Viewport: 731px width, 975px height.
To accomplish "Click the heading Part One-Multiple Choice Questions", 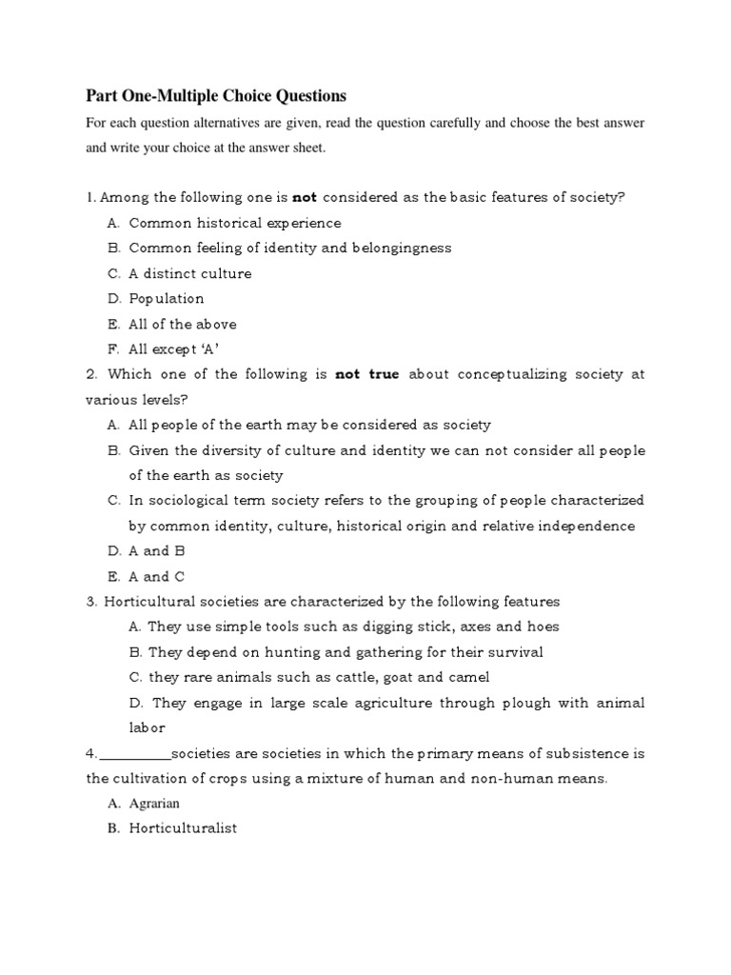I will (x=216, y=95).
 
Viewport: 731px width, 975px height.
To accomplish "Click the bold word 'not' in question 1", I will (x=304, y=197).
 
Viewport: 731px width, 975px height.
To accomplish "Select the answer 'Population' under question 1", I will (x=167, y=298).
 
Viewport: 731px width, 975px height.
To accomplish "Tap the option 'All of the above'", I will (x=183, y=324).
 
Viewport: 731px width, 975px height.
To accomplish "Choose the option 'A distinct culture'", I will (x=190, y=273).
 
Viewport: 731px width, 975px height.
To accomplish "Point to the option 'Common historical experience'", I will (x=235, y=223).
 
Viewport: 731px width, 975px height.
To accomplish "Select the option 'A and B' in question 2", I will (x=157, y=550).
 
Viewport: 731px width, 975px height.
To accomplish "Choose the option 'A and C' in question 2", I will (x=157, y=576).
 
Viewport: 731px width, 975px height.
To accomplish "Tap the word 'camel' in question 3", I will (x=469, y=677).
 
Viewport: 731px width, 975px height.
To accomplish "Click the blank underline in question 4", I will (x=134, y=754).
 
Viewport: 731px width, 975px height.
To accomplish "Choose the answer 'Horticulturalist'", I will (x=183, y=828).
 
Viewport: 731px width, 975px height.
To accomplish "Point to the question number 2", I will (x=90, y=374).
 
